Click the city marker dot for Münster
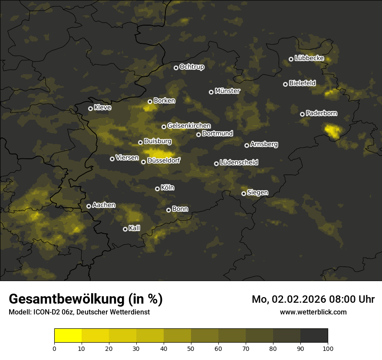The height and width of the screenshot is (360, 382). tap(211, 92)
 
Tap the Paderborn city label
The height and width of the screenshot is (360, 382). tap(321, 113)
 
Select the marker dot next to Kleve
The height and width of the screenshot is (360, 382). tap(90, 108)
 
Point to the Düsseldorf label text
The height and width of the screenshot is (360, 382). tap(163, 160)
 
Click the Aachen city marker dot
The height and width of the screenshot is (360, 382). tap(89, 206)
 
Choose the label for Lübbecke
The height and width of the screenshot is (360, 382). tap(309, 58)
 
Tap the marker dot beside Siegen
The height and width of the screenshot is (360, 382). tap(244, 193)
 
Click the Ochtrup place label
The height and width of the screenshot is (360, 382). tap(191, 67)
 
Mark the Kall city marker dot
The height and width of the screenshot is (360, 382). tap(125, 229)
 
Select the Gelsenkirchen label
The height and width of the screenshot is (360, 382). tap(189, 126)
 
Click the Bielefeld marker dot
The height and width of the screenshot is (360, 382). tap(285, 84)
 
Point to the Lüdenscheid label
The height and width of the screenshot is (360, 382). tap(239, 163)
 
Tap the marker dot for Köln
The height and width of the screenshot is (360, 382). tap(157, 189)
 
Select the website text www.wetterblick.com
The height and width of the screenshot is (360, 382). tap(313, 312)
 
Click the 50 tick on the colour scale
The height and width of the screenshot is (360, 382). tap(191, 348)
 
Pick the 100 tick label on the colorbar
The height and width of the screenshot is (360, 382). tap(328, 348)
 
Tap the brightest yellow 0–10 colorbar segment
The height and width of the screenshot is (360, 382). tap(68, 335)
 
